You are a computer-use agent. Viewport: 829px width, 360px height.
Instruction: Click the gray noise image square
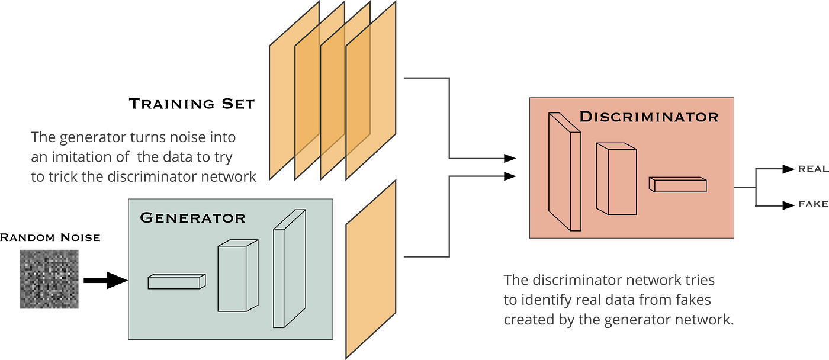(x=49, y=279)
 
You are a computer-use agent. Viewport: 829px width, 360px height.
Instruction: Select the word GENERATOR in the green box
(x=192, y=218)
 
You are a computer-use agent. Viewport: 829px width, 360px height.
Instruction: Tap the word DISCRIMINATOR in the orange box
(x=648, y=117)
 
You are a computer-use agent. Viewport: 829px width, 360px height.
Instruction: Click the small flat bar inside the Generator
(x=176, y=281)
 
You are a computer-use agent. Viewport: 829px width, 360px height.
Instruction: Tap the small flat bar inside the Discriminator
(x=678, y=184)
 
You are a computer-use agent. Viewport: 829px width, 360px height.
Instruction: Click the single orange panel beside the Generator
(x=371, y=269)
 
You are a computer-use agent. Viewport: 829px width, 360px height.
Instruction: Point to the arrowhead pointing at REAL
(x=788, y=169)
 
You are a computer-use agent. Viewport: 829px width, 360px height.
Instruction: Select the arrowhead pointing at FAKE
(x=788, y=205)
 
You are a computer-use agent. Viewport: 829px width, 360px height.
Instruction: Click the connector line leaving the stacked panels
(x=451, y=118)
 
